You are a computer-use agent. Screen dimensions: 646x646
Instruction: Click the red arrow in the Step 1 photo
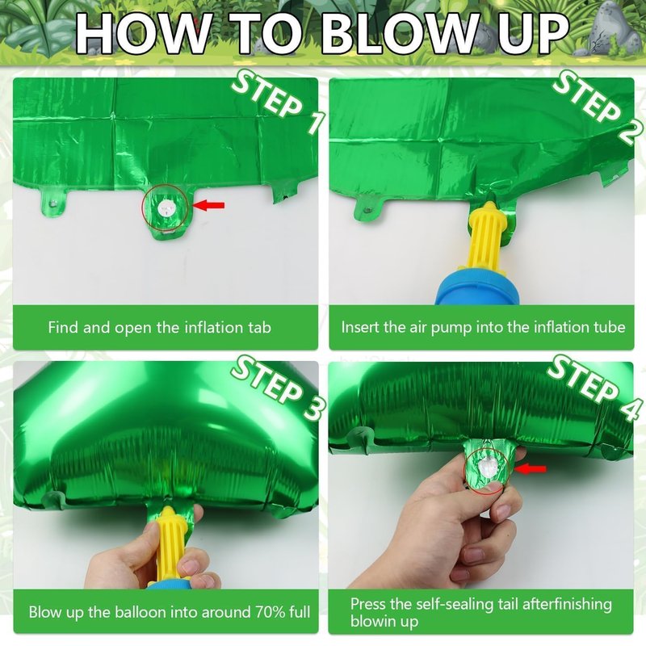point(209,205)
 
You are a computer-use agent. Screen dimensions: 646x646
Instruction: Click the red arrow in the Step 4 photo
point(531,468)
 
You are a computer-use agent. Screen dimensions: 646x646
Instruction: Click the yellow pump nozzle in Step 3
point(169,543)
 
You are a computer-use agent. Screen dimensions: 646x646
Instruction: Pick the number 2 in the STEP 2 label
point(630,129)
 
